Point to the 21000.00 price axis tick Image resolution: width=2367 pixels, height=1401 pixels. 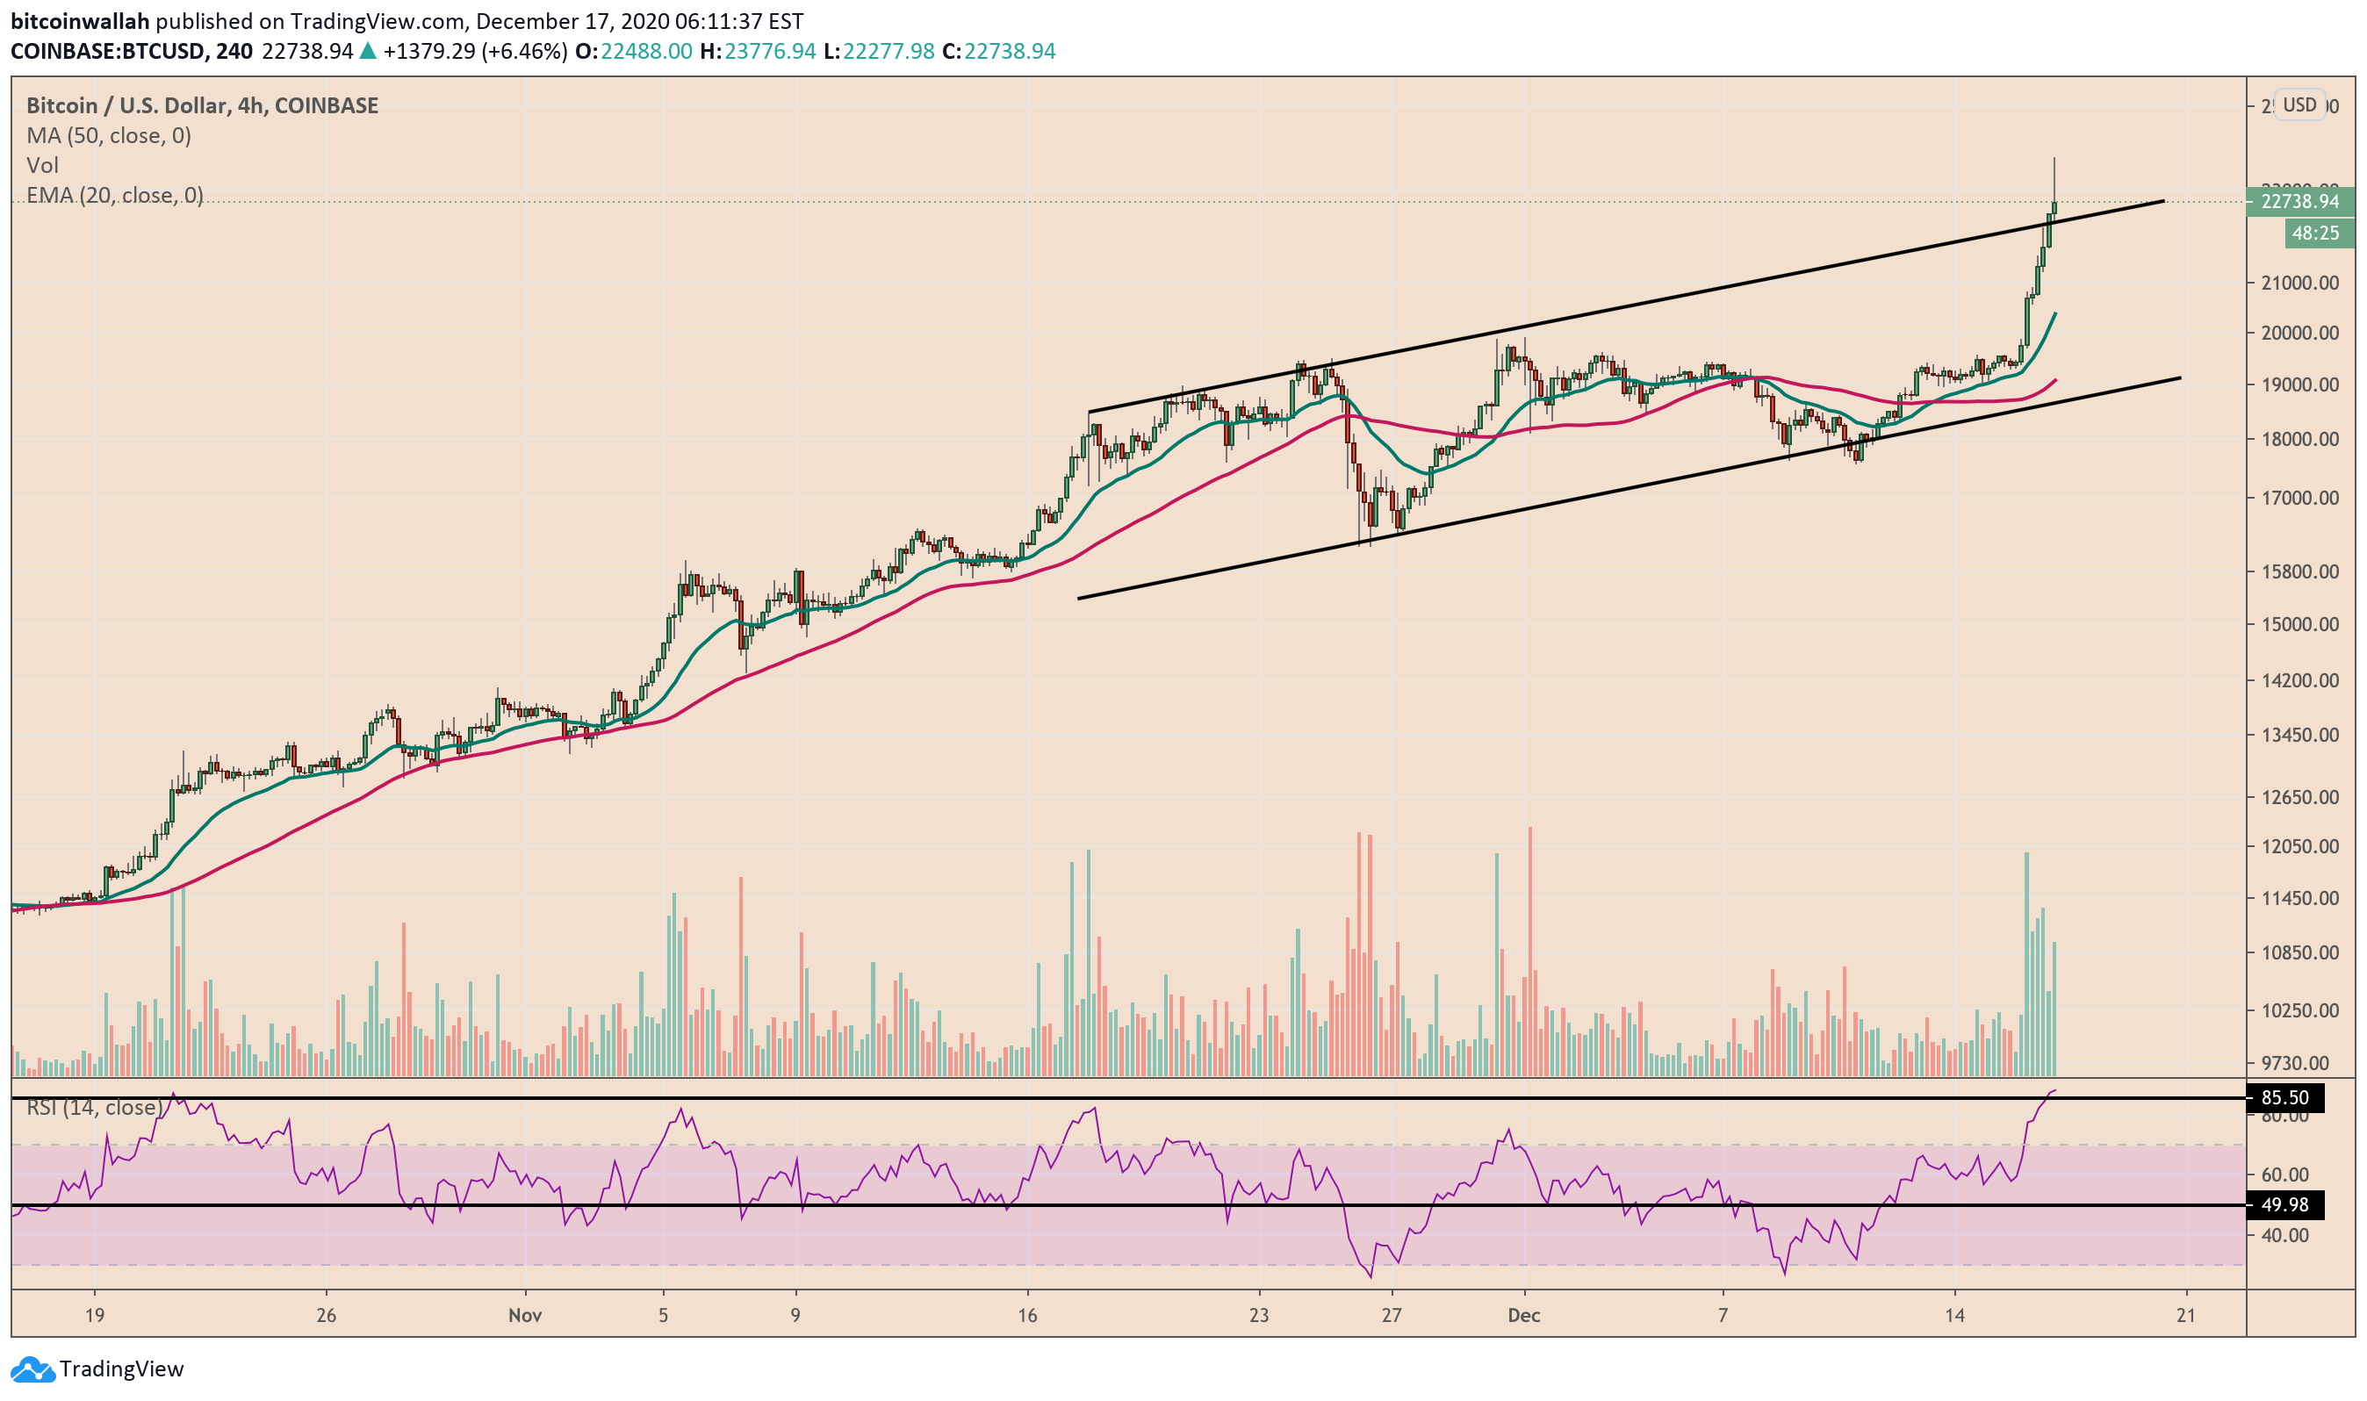(2299, 284)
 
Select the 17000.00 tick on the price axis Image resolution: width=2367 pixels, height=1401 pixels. (2299, 499)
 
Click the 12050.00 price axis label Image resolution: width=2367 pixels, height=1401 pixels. (2299, 847)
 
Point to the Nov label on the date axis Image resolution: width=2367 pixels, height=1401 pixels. (525, 1316)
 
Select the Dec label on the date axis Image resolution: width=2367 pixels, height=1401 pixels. (1524, 1316)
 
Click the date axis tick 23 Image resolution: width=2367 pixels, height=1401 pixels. (1258, 1316)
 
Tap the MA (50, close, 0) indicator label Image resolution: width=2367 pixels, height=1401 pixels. (109, 136)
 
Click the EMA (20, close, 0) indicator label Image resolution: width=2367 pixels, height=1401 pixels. (114, 196)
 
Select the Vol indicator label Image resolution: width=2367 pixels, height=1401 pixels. (42, 166)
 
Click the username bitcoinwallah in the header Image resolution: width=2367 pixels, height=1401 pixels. (79, 21)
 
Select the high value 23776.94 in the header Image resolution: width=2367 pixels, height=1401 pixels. (769, 51)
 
